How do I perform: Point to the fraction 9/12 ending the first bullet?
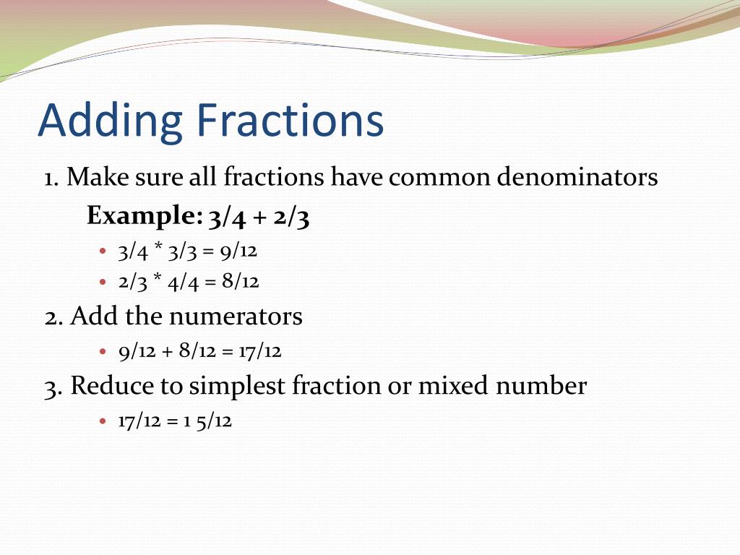[241, 251]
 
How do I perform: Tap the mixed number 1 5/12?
[207, 421]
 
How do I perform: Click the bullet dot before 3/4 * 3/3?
[103, 251]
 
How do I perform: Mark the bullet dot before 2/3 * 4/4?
[103, 282]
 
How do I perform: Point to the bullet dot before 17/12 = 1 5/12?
[103, 421]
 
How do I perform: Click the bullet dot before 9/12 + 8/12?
[103, 352]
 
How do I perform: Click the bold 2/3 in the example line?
[293, 216]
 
